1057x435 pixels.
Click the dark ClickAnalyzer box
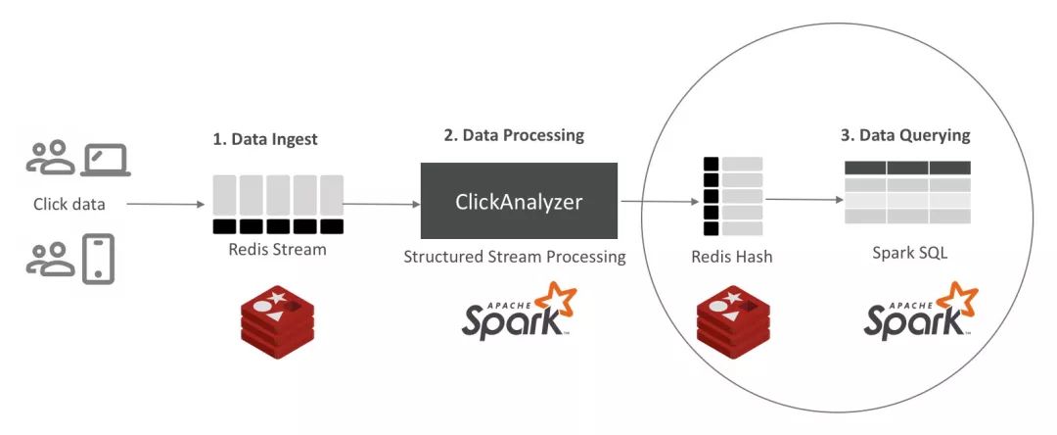point(519,200)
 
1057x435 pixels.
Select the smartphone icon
point(99,259)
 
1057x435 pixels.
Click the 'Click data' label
point(69,204)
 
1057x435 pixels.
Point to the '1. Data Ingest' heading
point(265,139)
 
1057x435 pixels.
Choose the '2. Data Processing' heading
point(514,135)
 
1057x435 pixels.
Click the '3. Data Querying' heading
point(905,135)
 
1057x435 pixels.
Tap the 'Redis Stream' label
point(277,250)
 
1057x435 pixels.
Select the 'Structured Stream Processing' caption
point(515,257)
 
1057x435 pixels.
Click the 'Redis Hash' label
point(731,257)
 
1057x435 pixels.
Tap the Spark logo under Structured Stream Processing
point(519,311)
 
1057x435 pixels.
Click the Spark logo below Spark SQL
point(921,311)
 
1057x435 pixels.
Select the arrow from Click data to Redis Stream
point(165,204)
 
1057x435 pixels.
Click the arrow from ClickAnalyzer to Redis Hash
point(660,201)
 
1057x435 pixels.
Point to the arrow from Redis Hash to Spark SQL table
point(804,200)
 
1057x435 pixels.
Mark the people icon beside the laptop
point(51,158)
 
